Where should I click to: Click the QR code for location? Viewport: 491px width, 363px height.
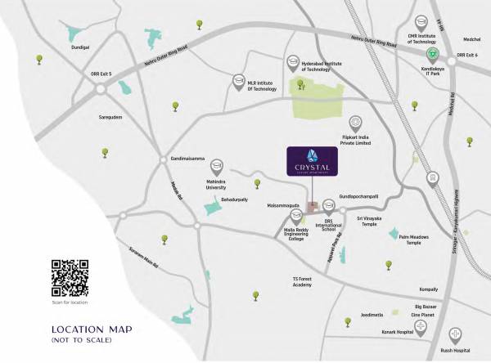(70, 277)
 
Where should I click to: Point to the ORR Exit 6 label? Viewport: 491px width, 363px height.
(466, 55)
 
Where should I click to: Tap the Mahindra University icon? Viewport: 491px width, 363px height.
(218, 165)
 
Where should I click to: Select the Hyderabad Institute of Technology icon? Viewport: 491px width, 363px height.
(293, 62)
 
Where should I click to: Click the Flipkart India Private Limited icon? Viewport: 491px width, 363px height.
(355, 121)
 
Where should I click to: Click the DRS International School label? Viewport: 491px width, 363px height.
(328, 226)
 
